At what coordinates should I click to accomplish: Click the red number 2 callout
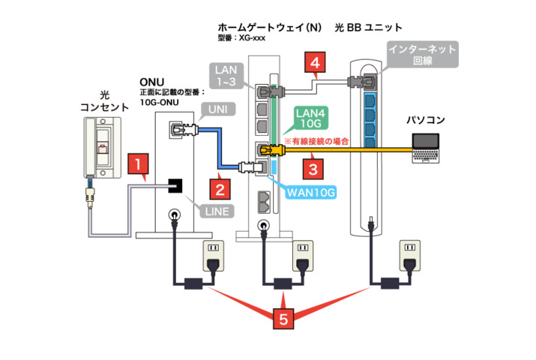pyautogui.click(x=217, y=182)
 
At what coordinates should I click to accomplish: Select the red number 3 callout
pyautogui.click(x=316, y=168)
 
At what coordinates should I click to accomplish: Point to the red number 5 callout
pyautogui.click(x=282, y=319)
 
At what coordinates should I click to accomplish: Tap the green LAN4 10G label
pyautogui.click(x=307, y=118)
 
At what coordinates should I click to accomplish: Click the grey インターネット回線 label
pyautogui.click(x=421, y=55)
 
